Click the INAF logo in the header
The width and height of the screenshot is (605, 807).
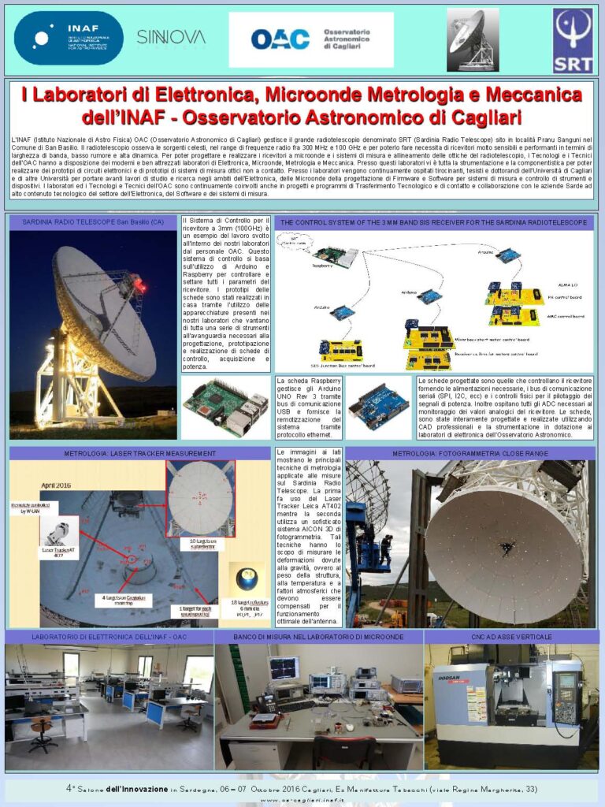pos(69,37)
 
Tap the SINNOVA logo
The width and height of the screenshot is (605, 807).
pos(170,37)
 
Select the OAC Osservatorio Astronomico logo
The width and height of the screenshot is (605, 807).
pos(310,39)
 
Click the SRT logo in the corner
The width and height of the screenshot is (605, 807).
pos(573,40)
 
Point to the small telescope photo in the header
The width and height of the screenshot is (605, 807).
pos(473,39)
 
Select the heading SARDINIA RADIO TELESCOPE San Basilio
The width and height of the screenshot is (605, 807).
pos(93,222)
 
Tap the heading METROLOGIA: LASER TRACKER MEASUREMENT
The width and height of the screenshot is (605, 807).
pos(139,454)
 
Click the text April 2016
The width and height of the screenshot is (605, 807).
pos(35,486)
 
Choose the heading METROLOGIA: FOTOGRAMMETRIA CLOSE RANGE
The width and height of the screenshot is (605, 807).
pos(470,454)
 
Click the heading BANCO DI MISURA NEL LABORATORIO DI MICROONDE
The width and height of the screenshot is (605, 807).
pos(318,636)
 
